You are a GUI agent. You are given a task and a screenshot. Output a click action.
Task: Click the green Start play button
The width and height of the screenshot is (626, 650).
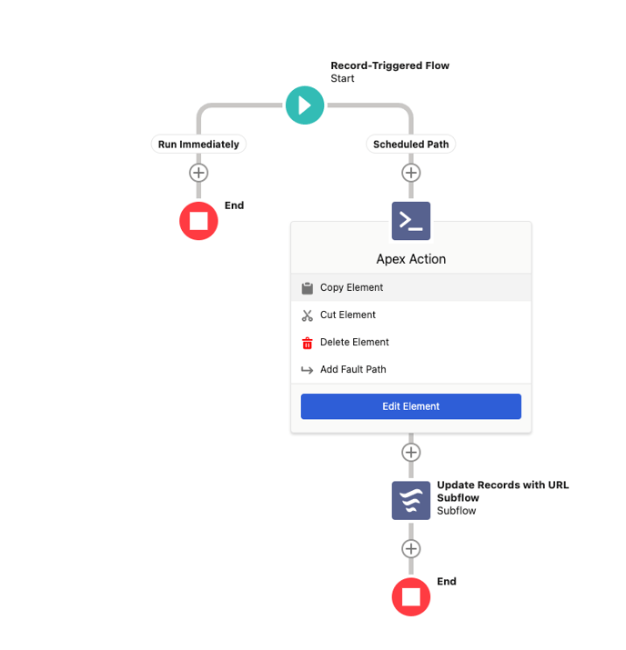[305, 105]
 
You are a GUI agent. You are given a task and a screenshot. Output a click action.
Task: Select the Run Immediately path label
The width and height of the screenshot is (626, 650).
[198, 145]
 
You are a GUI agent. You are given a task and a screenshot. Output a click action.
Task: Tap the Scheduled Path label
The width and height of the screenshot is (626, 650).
[410, 145]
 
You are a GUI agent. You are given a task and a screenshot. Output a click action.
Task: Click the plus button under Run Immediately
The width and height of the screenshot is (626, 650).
[198, 173]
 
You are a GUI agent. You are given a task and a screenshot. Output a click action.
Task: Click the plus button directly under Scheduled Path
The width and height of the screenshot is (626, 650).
[411, 173]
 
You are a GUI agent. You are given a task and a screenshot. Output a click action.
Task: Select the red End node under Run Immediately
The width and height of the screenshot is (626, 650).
[198, 221]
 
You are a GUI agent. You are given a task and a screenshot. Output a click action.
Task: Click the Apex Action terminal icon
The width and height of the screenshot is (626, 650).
[411, 221]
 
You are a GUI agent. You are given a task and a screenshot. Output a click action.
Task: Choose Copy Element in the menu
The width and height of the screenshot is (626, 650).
[351, 287]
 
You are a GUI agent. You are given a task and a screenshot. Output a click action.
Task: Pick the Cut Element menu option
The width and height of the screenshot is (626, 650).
[348, 315]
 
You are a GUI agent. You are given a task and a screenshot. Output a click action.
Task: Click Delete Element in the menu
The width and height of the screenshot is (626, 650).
[354, 343]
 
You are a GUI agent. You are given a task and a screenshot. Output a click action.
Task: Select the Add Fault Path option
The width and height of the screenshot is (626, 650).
[353, 369]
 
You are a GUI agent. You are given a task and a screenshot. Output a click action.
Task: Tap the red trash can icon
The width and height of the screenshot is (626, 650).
[308, 343]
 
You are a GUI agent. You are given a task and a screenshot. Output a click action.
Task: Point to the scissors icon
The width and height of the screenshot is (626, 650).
[308, 315]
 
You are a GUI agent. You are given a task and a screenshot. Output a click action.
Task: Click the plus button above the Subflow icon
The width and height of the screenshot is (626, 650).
[411, 452]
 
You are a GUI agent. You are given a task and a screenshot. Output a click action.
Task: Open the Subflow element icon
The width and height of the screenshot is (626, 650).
[411, 500]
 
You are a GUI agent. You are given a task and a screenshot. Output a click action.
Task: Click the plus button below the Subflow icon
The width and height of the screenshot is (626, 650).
[411, 549]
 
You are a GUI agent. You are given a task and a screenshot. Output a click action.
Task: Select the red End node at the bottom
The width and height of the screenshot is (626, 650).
[411, 597]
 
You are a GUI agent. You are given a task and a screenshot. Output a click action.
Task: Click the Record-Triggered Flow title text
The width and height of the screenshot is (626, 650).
[390, 65]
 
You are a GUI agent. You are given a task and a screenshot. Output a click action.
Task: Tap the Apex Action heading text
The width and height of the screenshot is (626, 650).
[411, 259]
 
